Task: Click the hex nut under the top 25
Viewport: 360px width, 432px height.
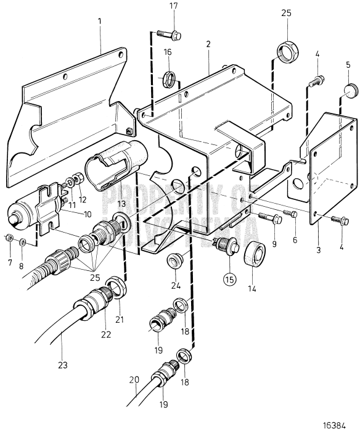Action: tap(287, 51)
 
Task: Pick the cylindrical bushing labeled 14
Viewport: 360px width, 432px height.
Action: tap(253, 254)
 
